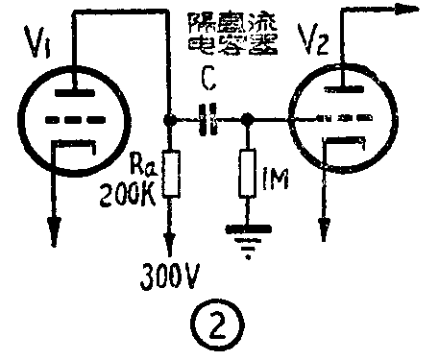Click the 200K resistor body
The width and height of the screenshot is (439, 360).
coord(171,176)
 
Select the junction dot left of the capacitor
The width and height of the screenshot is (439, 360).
coord(171,121)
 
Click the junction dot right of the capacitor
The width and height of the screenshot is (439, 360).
coord(248,121)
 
